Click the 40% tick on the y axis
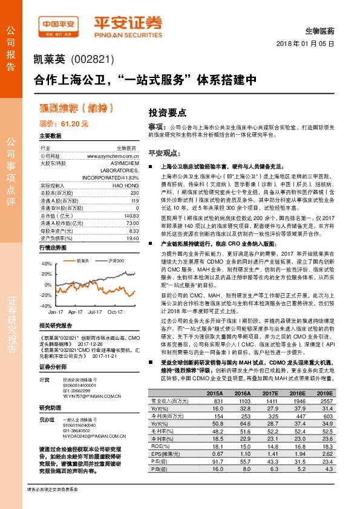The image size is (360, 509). coord(46,264)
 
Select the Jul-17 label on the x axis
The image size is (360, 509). coord(94,312)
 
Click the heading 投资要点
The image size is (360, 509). coord(166,113)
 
